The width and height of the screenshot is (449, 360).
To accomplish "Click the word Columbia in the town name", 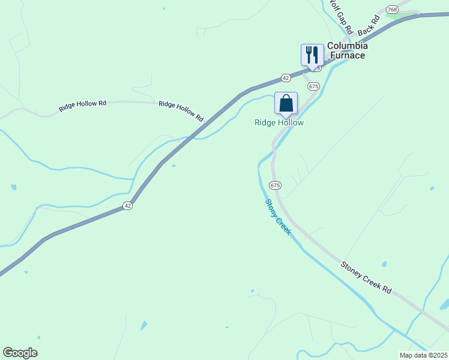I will [x=347, y=46].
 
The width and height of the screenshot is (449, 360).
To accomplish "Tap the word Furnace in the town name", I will [x=345, y=56].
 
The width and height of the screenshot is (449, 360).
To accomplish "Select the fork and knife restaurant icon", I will [x=312, y=54].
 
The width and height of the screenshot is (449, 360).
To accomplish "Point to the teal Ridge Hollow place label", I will [x=279, y=123].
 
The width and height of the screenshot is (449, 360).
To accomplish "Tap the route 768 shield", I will [x=393, y=10].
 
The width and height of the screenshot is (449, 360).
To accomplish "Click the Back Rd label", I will [x=369, y=25].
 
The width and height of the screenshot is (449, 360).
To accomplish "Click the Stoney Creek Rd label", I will [x=366, y=277].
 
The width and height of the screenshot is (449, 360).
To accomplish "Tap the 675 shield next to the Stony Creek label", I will [x=275, y=185].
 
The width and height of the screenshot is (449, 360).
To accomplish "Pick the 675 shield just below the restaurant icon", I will [x=313, y=86].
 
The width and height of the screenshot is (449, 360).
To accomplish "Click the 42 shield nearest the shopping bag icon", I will [x=286, y=78].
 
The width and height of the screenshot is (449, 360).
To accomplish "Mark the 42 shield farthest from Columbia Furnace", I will [x=127, y=206].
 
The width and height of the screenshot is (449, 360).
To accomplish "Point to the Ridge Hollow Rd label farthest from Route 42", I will [x=83, y=106].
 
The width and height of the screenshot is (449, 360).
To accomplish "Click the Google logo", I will [x=20, y=353].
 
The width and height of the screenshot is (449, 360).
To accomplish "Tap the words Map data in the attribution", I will [x=414, y=355].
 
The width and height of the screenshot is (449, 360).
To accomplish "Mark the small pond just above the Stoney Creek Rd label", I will [x=384, y=264].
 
